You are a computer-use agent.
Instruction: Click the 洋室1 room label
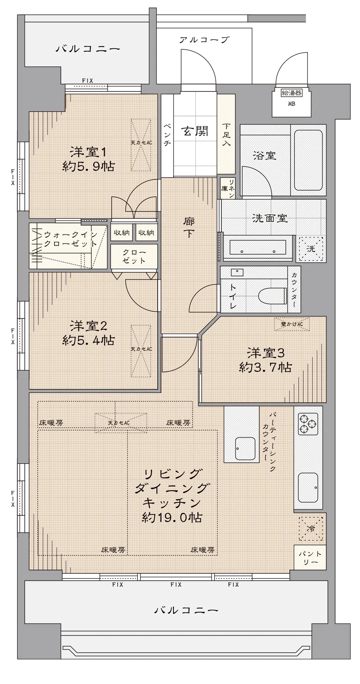point(89,159)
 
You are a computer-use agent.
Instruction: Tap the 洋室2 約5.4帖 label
point(89,333)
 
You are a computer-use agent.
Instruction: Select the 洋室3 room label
point(265,360)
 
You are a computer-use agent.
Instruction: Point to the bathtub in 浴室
point(308,160)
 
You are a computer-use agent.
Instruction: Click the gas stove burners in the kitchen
point(308,424)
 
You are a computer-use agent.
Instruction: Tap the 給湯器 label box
point(292,93)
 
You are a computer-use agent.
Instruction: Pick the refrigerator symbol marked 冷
point(311,529)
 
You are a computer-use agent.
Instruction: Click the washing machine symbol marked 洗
point(311,249)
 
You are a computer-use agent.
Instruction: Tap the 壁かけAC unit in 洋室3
point(292,324)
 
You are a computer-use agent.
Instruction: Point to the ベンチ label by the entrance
point(167,134)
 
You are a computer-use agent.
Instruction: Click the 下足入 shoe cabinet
point(226,134)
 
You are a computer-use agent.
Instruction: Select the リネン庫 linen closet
point(227,188)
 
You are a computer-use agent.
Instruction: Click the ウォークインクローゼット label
point(71,239)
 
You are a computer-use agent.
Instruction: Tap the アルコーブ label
point(204,40)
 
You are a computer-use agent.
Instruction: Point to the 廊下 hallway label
point(189,228)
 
